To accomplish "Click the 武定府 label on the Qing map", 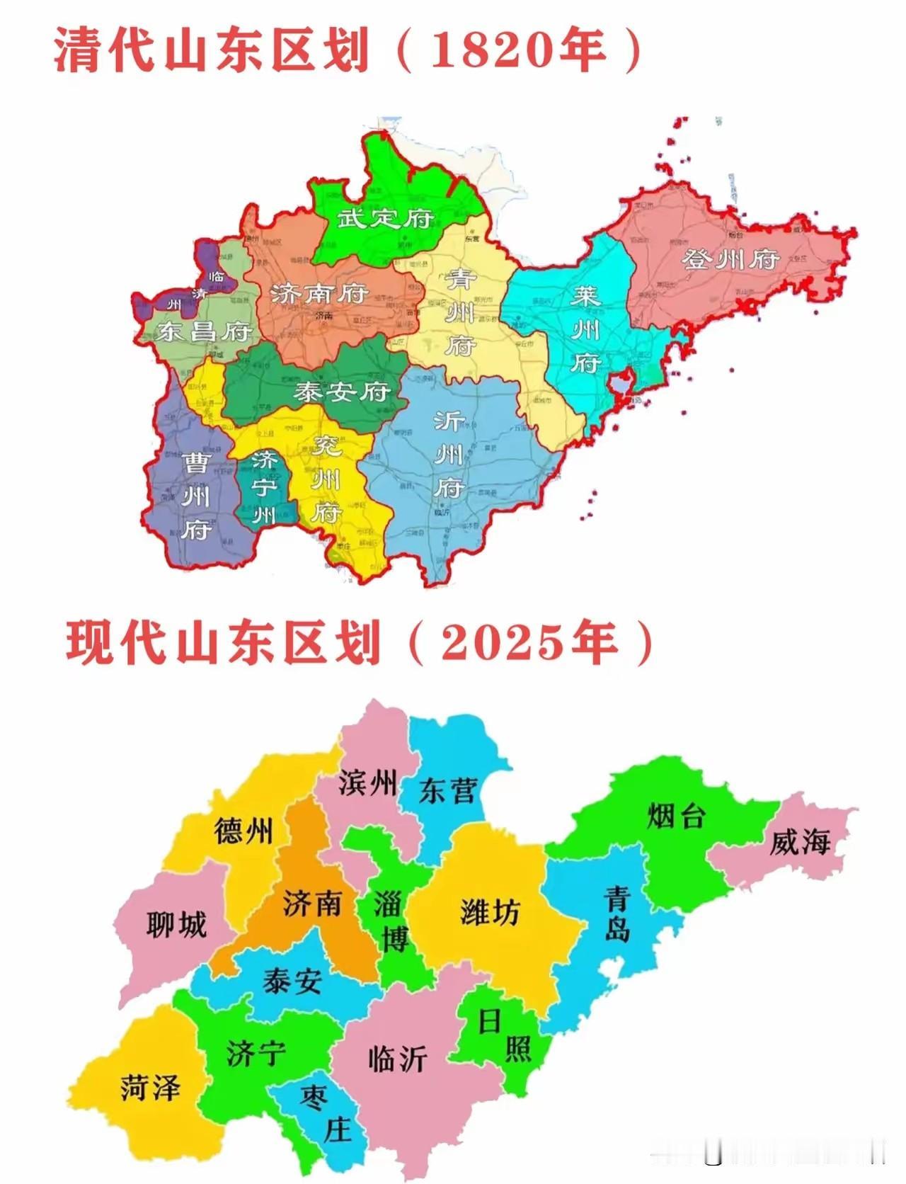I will [384, 218].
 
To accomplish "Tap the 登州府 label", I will [730, 259].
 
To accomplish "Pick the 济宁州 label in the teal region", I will [265, 487].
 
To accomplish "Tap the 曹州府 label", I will [195, 496].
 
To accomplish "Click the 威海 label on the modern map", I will [800, 843].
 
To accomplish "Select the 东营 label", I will [448, 790].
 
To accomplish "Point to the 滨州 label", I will [367, 782].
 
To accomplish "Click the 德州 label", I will [243, 832].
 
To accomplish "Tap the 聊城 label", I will [176, 924].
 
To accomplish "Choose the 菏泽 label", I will [150, 1087].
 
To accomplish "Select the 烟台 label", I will [676, 816].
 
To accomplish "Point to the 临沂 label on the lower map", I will [397, 1058].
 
